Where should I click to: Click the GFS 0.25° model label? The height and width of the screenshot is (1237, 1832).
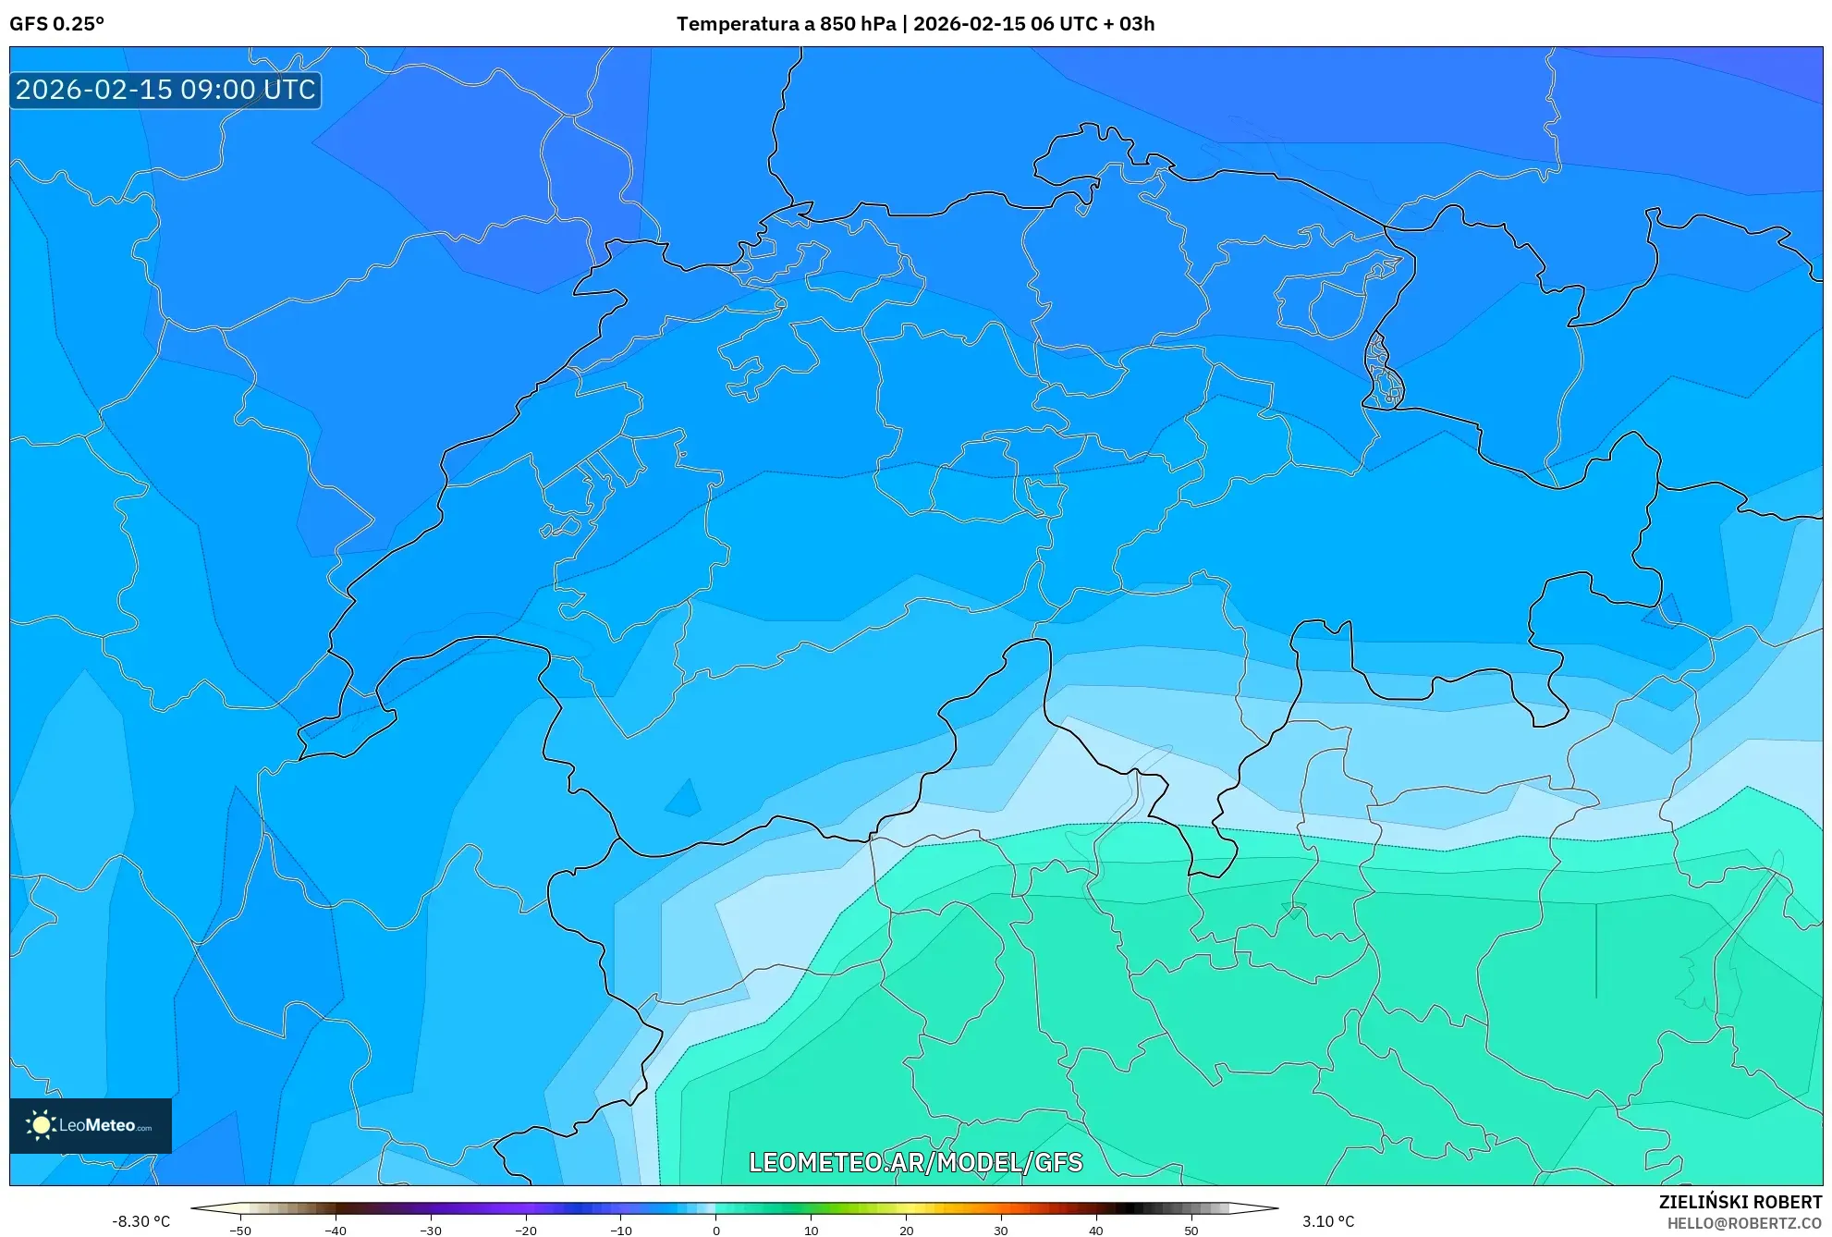point(56,24)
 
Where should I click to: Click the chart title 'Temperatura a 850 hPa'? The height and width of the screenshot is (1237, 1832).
point(786,24)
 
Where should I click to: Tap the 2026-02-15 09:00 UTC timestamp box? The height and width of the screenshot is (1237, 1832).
point(165,90)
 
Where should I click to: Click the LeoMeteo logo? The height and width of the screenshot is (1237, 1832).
point(91,1125)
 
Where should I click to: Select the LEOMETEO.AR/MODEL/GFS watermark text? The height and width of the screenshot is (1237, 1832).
point(915,1162)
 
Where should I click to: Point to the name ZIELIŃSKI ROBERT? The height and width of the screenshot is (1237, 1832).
point(1740,1202)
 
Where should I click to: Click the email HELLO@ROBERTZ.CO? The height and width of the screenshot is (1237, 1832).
point(1743,1223)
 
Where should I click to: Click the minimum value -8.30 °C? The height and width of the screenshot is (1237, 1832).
point(140,1221)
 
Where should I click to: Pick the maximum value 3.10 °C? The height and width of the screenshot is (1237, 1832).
point(1328,1221)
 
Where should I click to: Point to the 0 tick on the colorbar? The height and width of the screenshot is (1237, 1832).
point(715,1230)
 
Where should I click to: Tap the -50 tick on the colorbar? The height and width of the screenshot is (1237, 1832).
point(240,1230)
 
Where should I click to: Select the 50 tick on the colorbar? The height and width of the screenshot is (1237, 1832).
point(1191,1230)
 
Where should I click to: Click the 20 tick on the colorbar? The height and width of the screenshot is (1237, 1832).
point(906,1230)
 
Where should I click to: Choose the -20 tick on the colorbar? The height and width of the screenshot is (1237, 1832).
point(525,1230)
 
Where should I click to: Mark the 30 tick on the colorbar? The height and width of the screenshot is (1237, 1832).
point(1001,1230)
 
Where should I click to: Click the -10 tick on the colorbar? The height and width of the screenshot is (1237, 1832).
point(620,1230)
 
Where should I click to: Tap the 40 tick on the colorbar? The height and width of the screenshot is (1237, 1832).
point(1096,1230)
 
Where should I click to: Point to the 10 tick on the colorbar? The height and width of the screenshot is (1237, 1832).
point(811,1230)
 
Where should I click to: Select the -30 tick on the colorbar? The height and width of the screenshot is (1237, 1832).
point(430,1230)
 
